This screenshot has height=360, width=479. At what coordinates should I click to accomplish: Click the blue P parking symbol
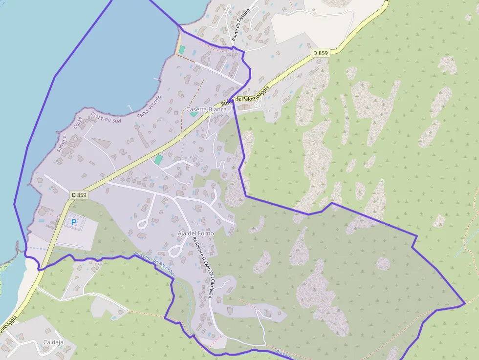74,222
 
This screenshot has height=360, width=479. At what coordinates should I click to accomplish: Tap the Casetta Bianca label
206,109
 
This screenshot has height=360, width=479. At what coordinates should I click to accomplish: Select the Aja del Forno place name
196,233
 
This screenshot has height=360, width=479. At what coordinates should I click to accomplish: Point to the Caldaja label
53,342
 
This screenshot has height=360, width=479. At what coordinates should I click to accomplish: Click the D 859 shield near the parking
79,195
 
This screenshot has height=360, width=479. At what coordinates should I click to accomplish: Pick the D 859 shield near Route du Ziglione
321,53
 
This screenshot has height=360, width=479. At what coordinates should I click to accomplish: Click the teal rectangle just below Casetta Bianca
194,114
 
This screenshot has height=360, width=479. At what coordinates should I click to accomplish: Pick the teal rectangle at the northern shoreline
182,49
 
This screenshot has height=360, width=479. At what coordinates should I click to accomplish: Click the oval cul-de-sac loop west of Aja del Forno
143,224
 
